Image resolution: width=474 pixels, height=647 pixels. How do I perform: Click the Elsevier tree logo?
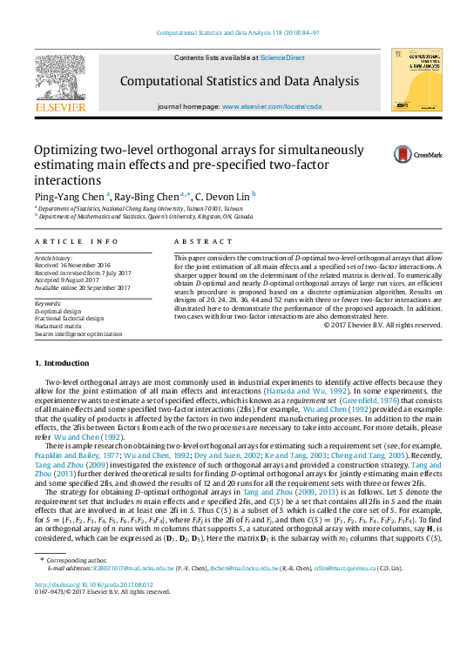click(60, 78)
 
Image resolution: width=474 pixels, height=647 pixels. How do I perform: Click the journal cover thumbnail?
click(416, 79)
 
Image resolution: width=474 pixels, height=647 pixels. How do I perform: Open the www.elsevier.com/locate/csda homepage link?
click(272, 105)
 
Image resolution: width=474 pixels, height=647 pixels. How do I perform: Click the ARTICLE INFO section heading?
click(76, 240)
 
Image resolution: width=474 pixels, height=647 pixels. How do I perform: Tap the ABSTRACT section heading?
click(194, 240)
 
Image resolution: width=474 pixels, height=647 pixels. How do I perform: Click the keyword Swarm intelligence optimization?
click(78, 332)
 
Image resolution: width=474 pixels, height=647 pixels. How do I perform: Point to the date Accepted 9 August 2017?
click(70, 280)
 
